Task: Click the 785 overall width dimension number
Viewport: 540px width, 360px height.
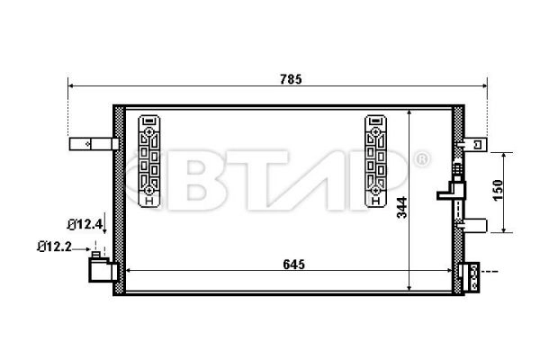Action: (x=288, y=77)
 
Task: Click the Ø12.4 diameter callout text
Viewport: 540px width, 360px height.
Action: (x=84, y=223)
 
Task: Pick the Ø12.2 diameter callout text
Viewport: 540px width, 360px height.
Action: (x=55, y=245)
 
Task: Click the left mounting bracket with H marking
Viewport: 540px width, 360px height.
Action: (x=149, y=162)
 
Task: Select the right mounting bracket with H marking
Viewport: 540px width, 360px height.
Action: (x=374, y=162)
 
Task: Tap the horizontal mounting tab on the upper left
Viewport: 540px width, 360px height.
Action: (x=93, y=142)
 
